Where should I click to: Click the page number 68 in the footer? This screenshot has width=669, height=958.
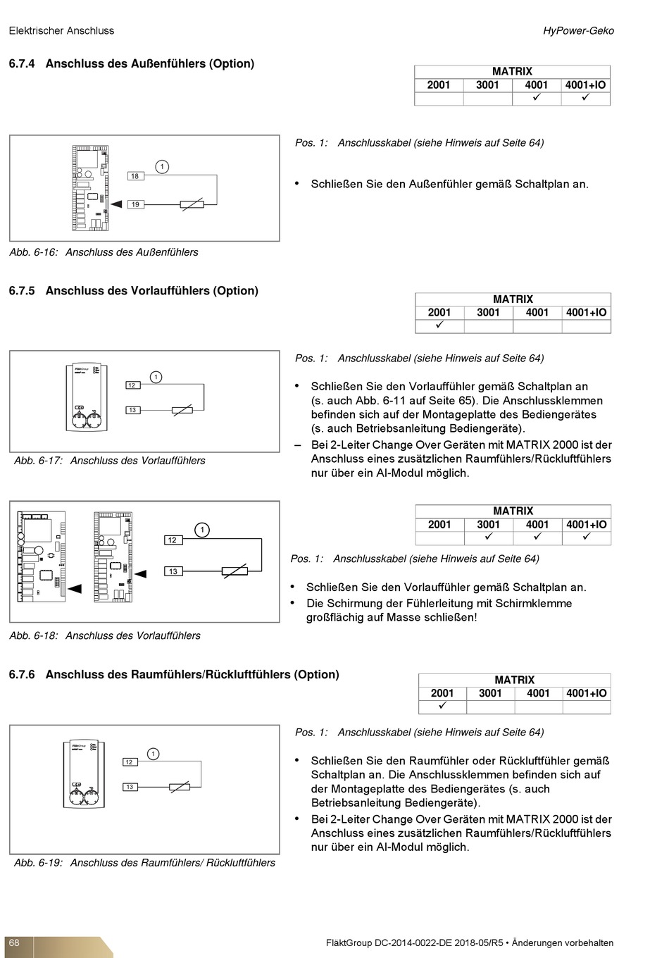tap(14, 943)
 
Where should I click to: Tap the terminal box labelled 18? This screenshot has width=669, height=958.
tap(135, 176)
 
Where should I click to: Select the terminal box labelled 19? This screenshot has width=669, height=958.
tap(135, 204)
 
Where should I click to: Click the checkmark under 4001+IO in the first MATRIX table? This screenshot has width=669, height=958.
tap(585, 98)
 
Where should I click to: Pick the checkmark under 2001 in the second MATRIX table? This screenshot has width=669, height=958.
tap(439, 325)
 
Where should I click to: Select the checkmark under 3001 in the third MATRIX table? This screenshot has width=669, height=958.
tap(488, 537)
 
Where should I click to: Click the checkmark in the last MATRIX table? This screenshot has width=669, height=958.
tap(442, 706)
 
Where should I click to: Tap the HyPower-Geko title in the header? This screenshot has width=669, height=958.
tap(578, 31)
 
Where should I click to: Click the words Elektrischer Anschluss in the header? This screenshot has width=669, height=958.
tap(61, 31)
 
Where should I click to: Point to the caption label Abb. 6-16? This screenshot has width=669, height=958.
tap(33, 252)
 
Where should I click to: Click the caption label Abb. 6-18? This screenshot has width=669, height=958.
tap(33, 635)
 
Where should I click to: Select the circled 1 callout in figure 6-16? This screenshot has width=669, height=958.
tap(162, 167)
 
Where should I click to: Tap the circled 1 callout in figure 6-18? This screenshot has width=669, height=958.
tap(202, 530)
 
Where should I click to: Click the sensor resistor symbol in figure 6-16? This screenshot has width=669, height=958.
tap(192, 204)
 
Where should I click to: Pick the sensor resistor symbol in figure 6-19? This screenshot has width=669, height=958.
tap(180, 787)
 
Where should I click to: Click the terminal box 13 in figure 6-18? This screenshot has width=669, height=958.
tap(173, 571)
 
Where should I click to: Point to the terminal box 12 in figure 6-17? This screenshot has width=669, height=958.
tap(132, 385)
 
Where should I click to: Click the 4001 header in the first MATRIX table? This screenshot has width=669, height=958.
tap(536, 85)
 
